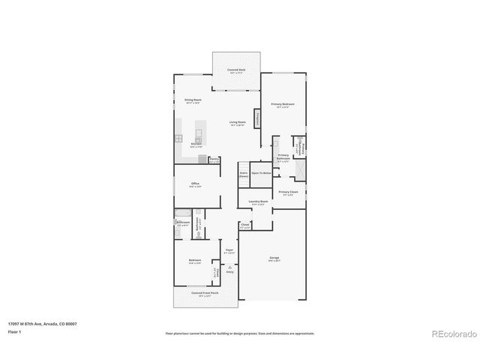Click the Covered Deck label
pos(236,69)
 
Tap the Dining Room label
pos(193,100)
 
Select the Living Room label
pos(238,121)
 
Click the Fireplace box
pos(258,118)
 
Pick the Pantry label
pos(214,159)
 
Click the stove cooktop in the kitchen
pos(179,138)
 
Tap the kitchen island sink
pos(199,135)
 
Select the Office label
pos(195,184)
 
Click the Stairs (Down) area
pos(244,174)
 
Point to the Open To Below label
pos(260,173)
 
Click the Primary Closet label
pos(288,192)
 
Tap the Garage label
pos(274,258)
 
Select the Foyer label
pos(229,250)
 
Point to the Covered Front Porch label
pos(199,293)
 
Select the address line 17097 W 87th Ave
pos(43,324)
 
